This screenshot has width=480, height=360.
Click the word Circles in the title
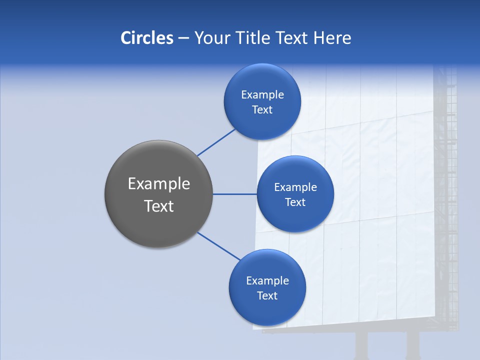pyautogui.click(x=146, y=38)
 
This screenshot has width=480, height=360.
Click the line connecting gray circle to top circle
pyautogui.click(x=216, y=142)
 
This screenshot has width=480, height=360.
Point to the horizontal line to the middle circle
pyautogui.click(x=234, y=194)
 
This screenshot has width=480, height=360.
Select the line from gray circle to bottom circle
pyautogui.click(x=219, y=246)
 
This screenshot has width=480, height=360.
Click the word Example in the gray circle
pyautogui.click(x=159, y=184)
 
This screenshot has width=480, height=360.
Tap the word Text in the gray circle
pyautogui.click(x=159, y=206)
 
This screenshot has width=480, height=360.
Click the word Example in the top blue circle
pyautogui.click(x=262, y=94)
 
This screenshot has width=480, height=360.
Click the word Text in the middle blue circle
pyautogui.click(x=295, y=202)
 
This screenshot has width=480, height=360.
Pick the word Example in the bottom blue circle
pyautogui.click(x=267, y=280)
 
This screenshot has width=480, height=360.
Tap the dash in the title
pyautogui.click(x=183, y=38)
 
